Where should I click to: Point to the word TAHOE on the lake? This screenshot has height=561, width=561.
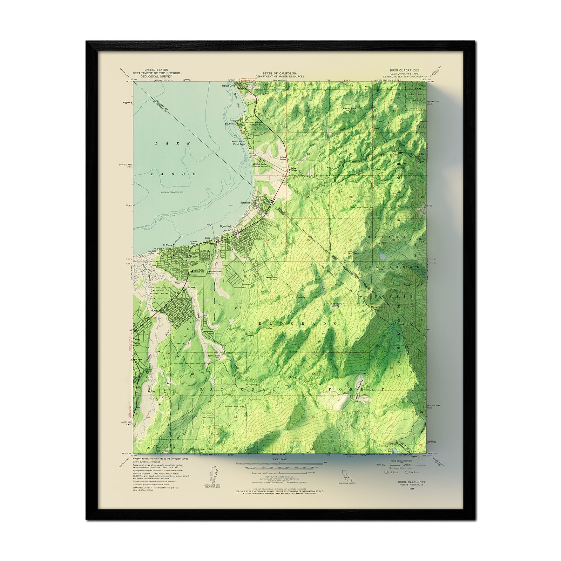(174, 174)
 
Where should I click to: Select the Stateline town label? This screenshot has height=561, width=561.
(245, 203)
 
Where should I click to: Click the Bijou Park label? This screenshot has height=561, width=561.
(226, 227)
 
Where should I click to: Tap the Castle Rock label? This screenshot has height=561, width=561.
(349, 108)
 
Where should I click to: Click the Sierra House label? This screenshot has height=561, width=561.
(214, 356)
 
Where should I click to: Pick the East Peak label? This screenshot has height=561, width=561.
(352, 252)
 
